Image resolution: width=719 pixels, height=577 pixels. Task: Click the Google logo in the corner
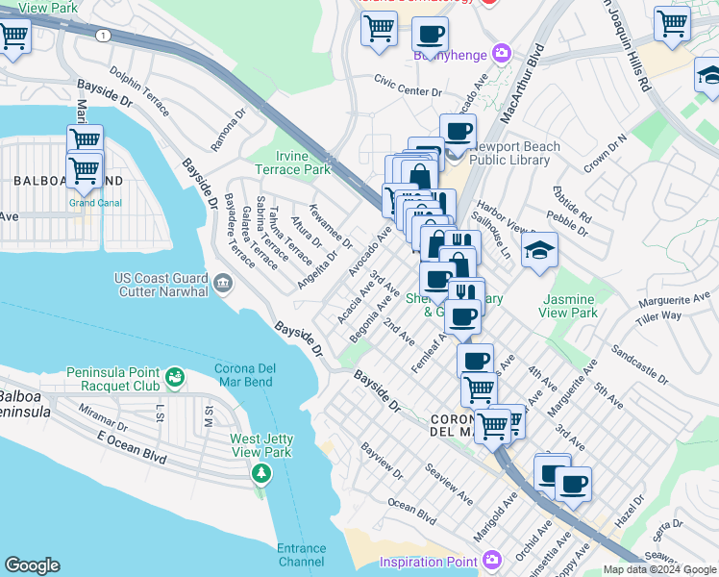32,564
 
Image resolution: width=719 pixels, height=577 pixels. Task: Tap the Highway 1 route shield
101,36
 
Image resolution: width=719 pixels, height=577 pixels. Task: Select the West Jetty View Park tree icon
260,473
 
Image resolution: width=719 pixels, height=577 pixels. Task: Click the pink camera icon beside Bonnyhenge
501,54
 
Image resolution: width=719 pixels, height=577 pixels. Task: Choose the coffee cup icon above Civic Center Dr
430,36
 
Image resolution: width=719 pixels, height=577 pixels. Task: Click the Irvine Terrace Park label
292,163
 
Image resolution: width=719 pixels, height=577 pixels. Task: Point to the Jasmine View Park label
568,307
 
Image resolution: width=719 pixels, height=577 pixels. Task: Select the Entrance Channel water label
302,555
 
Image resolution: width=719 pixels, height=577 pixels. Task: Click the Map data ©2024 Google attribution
657,569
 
